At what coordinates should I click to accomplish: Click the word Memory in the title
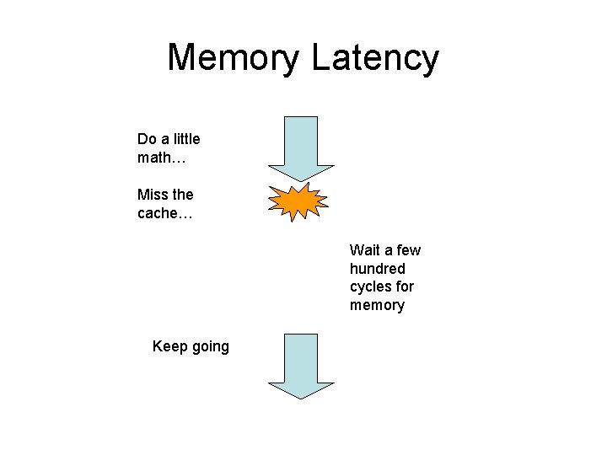pos(234,58)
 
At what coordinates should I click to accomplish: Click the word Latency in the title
pos(375,58)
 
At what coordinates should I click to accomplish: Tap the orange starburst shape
pos(298,201)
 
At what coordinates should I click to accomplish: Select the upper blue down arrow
pos(301,149)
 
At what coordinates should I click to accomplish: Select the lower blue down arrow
pos(301,367)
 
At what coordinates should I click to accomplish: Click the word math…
pos(162,158)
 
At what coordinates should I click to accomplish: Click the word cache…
pos(165,213)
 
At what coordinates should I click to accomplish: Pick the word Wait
pos(365,250)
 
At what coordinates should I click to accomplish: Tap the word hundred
pos(378,268)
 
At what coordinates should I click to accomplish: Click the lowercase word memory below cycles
pos(377,305)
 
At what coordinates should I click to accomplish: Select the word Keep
pos(170,346)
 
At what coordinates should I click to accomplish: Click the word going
pos(211,346)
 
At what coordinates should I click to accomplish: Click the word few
pos(408,250)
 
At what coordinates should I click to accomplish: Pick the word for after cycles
pos(405,286)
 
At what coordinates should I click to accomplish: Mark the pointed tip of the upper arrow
pos(301,182)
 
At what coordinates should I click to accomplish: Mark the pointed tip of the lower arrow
pos(301,399)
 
